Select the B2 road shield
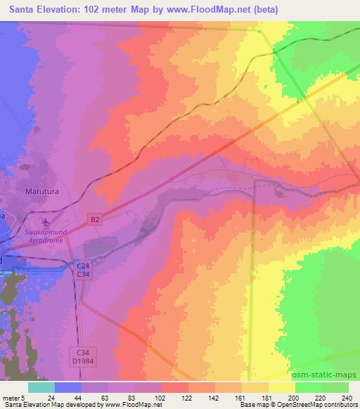(x=95, y=220)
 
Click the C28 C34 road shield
(x=83, y=268)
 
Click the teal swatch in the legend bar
(x=41, y=387)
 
